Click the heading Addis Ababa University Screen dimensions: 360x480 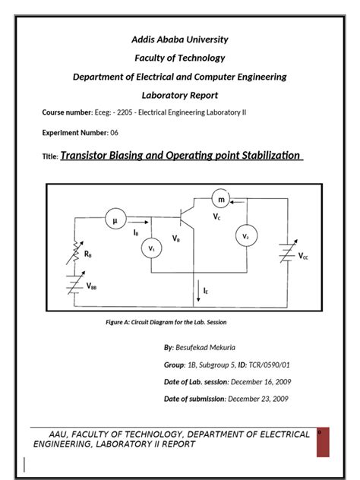click(180, 39)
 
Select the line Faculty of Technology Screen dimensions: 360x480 click(180, 58)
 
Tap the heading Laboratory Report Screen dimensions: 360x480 click(180, 95)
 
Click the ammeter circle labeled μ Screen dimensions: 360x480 click(116, 221)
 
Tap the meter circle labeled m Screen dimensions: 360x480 click(222, 199)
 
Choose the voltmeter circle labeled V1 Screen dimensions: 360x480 click(151, 248)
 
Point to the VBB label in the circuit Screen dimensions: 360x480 click(92, 286)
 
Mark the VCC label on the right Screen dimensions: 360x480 click(304, 257)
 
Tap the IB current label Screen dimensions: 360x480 click(136, 232)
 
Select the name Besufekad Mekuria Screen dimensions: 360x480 click(207, 347)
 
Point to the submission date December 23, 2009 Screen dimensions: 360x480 click(258, 399)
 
